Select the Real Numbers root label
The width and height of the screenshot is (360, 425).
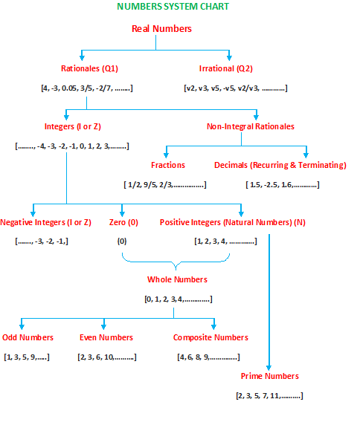pos(161,28)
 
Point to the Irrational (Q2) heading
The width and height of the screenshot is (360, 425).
pos(225,69)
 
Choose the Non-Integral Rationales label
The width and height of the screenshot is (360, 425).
pos(250,126)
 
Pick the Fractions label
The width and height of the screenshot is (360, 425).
pos(167,165)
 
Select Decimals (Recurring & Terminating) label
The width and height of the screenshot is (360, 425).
pos(280,165)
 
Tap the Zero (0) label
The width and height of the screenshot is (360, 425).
pos(123,222)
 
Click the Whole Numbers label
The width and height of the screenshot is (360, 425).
pos(176,279)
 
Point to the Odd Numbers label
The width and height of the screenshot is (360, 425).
pos(28,337)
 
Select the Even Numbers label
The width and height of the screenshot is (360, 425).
pos(106,337)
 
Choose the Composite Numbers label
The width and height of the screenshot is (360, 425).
pos(212,337)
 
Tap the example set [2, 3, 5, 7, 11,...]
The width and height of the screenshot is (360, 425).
pos(269,395)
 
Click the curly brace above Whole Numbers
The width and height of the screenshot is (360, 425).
pos(176,263)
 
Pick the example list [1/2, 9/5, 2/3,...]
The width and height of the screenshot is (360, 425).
pos(164,184)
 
